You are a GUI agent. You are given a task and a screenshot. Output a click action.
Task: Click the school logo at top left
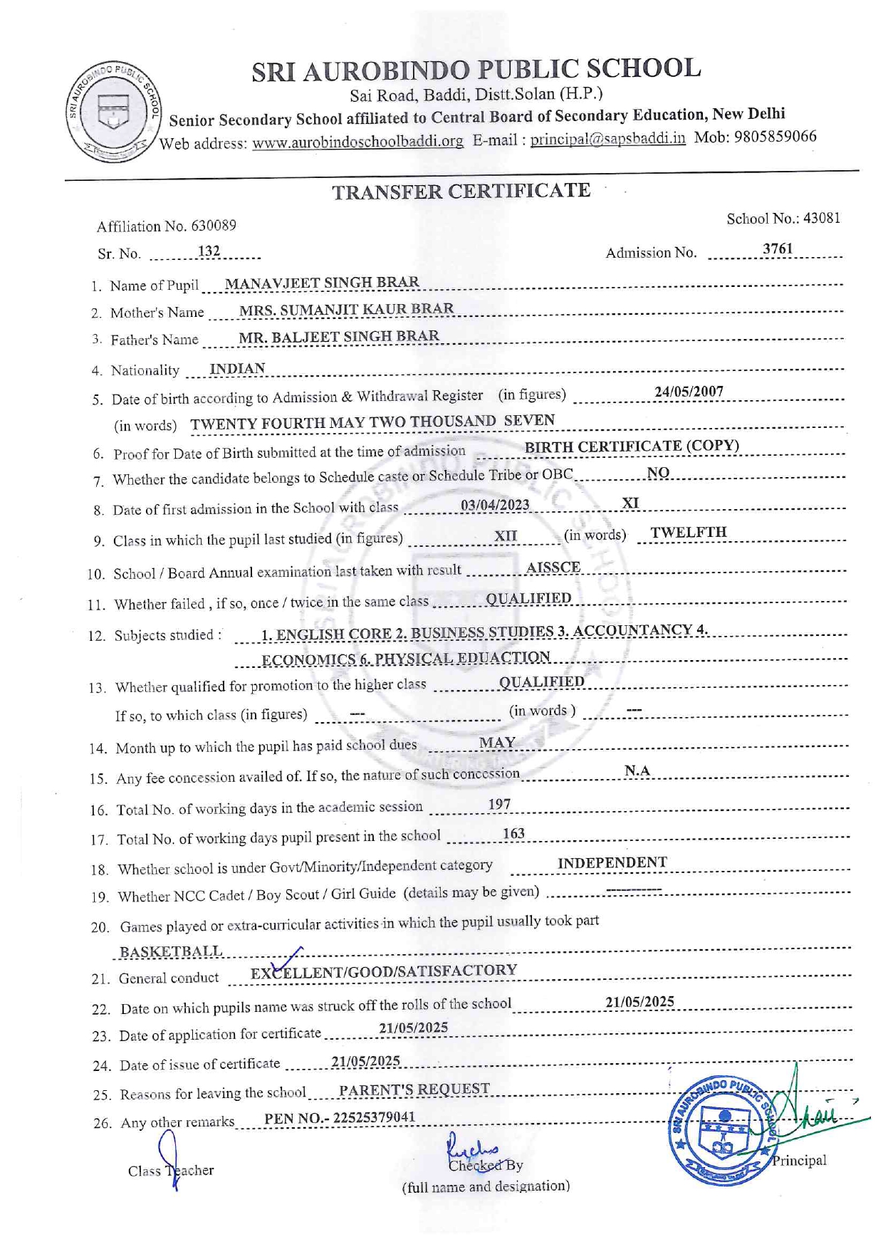113,111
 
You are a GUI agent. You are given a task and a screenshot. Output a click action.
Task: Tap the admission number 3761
777,249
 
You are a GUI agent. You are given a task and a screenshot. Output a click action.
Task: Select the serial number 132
209,251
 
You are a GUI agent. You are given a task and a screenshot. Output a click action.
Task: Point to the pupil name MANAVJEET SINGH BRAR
322,283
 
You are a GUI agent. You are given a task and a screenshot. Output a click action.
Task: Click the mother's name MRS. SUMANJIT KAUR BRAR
346,309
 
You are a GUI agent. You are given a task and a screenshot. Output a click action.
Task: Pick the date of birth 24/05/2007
689,392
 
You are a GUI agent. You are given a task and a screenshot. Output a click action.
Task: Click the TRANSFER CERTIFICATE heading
461,191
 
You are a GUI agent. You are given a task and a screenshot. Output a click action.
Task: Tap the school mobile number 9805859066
775,136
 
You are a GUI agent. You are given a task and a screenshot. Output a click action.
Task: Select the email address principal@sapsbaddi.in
607,139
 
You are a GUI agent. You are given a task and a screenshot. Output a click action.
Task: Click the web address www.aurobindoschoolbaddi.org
357,142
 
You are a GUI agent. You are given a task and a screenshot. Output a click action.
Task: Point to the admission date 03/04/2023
495,505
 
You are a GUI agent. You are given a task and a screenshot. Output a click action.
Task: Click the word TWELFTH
688,533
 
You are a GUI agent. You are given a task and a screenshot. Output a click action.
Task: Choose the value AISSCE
553,568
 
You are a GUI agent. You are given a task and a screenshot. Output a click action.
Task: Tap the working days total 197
499,804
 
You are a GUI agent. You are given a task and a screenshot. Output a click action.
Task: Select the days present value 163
513,834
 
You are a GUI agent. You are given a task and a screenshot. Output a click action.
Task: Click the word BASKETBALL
171,952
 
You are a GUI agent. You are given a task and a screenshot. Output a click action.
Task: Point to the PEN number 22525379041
374,1117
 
